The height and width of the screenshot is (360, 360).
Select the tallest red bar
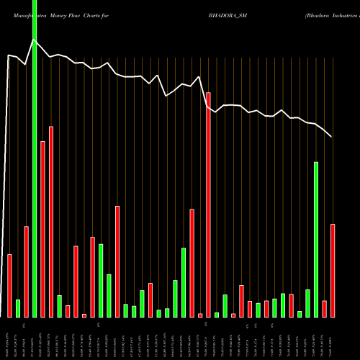(208, 204)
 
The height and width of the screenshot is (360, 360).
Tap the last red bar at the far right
(333, 270)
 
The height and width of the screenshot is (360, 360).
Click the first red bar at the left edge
(9, 285)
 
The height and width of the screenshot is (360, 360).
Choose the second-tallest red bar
(51, 221)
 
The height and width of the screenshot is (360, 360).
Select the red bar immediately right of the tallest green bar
(42, 229)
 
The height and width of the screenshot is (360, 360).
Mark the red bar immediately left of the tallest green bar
(26, 271)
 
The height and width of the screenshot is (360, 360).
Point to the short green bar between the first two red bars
(18, 308)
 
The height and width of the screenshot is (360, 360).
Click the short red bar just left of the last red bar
(325, 308)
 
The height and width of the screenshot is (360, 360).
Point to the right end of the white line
(331, 137)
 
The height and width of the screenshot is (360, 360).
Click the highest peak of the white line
(34, 40)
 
